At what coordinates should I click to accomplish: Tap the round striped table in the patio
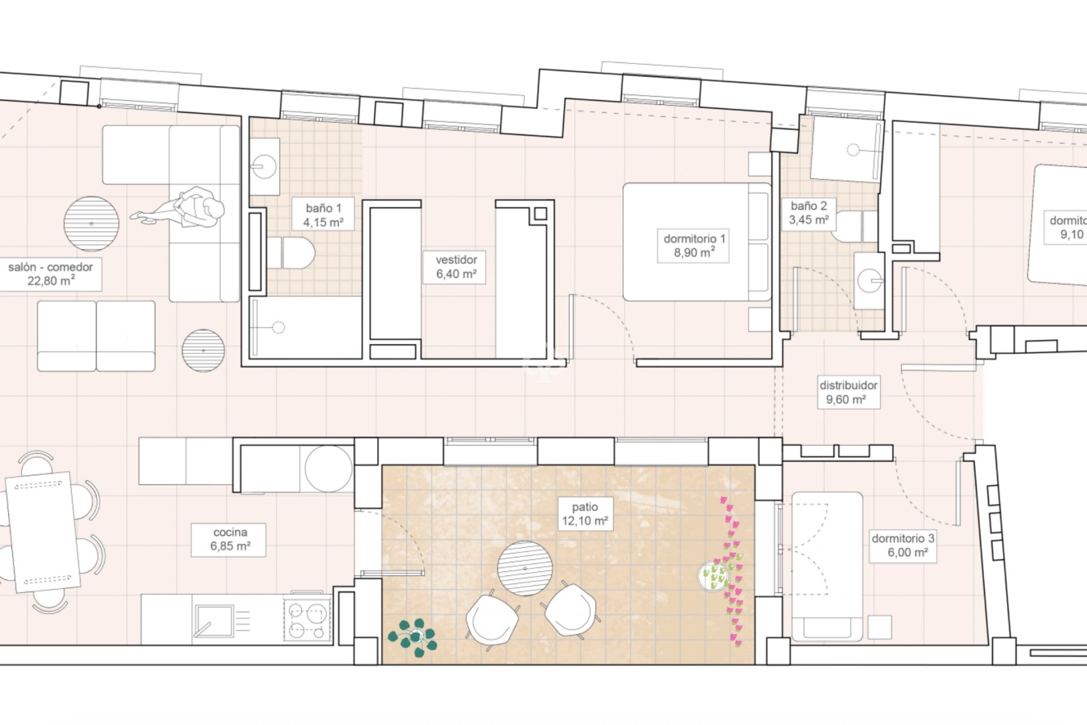pos(525,568)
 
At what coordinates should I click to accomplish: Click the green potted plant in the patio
pos(413,637)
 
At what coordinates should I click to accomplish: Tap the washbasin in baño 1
pos(264,167)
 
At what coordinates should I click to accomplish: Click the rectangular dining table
pos(42,532)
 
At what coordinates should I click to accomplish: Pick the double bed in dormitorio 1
pos(696,242)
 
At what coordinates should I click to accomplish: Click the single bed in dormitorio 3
pos(827,566)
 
